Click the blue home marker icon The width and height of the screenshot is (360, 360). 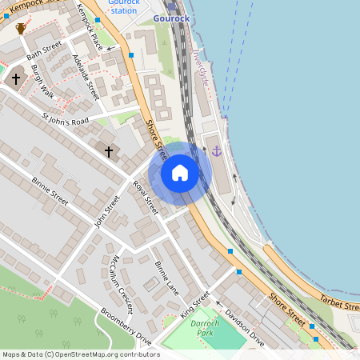180,172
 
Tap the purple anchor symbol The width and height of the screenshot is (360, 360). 216,150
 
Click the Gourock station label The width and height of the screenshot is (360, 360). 124,6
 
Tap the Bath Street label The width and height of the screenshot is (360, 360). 43,55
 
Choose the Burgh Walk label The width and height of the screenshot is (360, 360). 42,82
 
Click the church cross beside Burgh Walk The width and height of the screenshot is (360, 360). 15,79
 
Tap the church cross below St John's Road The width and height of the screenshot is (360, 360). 109,151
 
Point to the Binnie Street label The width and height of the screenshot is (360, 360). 50,192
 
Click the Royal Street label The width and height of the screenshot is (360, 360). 146,197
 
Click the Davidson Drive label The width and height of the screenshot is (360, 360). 244,327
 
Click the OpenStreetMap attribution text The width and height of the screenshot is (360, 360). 76,354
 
